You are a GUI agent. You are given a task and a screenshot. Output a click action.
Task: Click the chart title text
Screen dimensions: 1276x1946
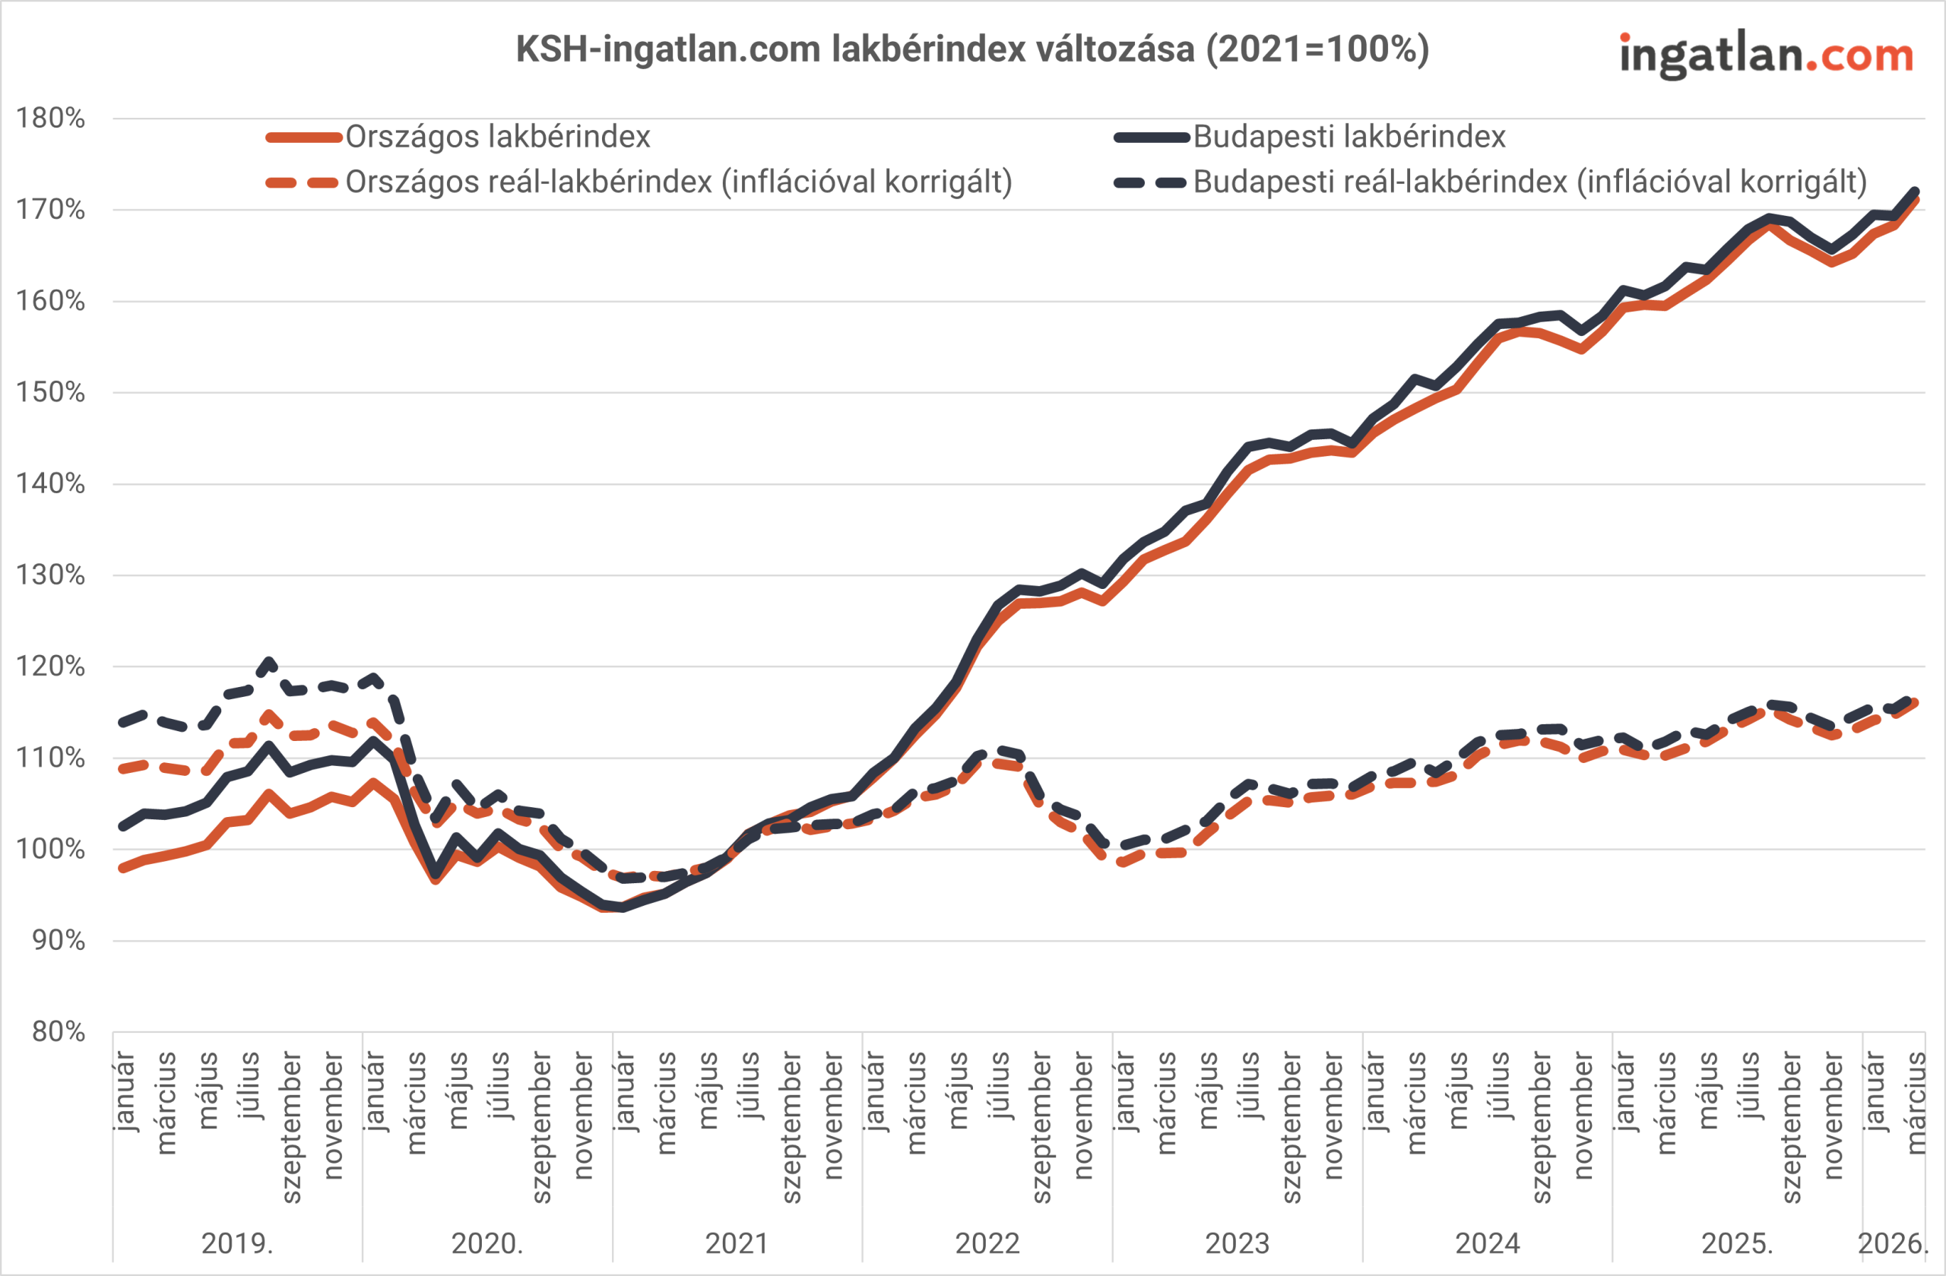(972, 49)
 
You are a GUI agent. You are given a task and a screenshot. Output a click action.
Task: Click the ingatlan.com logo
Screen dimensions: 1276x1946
(1766, 55)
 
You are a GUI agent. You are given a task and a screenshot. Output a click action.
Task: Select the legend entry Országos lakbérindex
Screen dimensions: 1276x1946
(497, 137)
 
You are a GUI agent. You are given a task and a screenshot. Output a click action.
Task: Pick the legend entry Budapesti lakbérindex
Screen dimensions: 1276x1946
(1349, 137)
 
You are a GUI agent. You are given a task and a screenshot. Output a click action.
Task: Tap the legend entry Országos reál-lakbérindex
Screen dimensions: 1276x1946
(678, 182)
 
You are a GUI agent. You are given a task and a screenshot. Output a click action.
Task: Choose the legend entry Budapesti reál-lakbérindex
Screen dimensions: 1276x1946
(1529, 182)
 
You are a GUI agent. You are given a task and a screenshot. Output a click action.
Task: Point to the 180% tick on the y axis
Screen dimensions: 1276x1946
(51, 119)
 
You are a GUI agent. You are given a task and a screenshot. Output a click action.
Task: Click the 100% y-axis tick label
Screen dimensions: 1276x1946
(51, 850)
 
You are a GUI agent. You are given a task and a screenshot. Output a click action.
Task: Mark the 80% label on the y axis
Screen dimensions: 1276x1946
(58, 1031)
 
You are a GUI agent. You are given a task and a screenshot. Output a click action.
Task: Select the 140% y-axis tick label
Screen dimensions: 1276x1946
(51, 484)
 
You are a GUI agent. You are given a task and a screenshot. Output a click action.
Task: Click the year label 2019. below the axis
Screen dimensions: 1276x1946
(237, 1243)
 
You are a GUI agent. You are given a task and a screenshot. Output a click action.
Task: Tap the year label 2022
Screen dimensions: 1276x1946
(987, 1243)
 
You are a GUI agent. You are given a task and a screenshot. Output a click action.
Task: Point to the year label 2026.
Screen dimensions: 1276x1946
(1892, 1243)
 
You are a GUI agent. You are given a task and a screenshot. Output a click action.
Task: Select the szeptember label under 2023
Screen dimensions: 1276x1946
(1291, 1128)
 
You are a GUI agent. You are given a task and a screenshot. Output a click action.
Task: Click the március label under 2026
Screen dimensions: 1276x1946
(1916, 1103)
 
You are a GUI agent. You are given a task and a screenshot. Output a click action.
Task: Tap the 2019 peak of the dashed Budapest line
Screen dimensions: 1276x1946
(269, 661)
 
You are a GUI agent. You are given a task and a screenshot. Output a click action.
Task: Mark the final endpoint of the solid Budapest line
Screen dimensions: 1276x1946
(1915, 192)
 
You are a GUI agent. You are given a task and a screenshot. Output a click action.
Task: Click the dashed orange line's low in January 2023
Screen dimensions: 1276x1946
(1122, 863)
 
